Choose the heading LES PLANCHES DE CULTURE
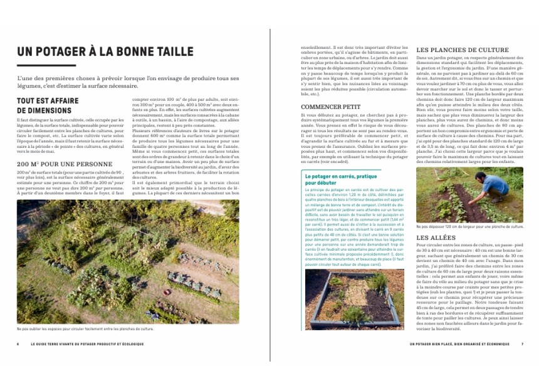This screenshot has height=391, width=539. (463, 50)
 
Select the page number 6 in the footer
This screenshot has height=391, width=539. (18, 344)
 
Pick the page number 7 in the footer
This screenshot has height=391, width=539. (522, 344)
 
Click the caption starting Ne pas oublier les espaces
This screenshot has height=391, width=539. (85, 329)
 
